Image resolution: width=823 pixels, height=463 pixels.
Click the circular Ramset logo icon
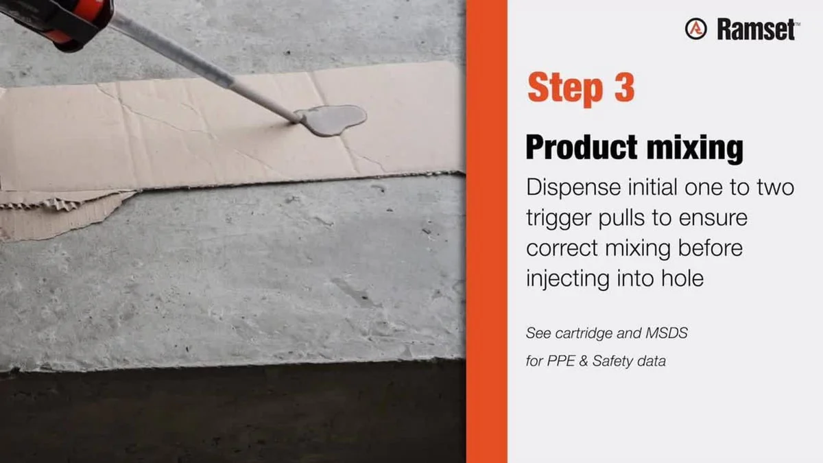click(695, 29)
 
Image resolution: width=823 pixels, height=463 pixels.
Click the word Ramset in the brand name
click(756, 29)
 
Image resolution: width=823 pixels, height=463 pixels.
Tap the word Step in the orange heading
click(564, 88)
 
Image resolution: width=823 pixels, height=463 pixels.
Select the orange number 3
click(625, 87)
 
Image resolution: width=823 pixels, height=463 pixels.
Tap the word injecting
click(568, 279)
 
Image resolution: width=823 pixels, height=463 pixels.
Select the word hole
click(682, 278)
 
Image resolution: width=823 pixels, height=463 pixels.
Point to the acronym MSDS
click(667, 333)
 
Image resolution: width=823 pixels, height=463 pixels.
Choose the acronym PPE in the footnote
click(561, 361)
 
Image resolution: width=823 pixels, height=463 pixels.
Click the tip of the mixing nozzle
click(296, 120)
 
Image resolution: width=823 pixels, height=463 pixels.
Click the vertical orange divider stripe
click(486, 232)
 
